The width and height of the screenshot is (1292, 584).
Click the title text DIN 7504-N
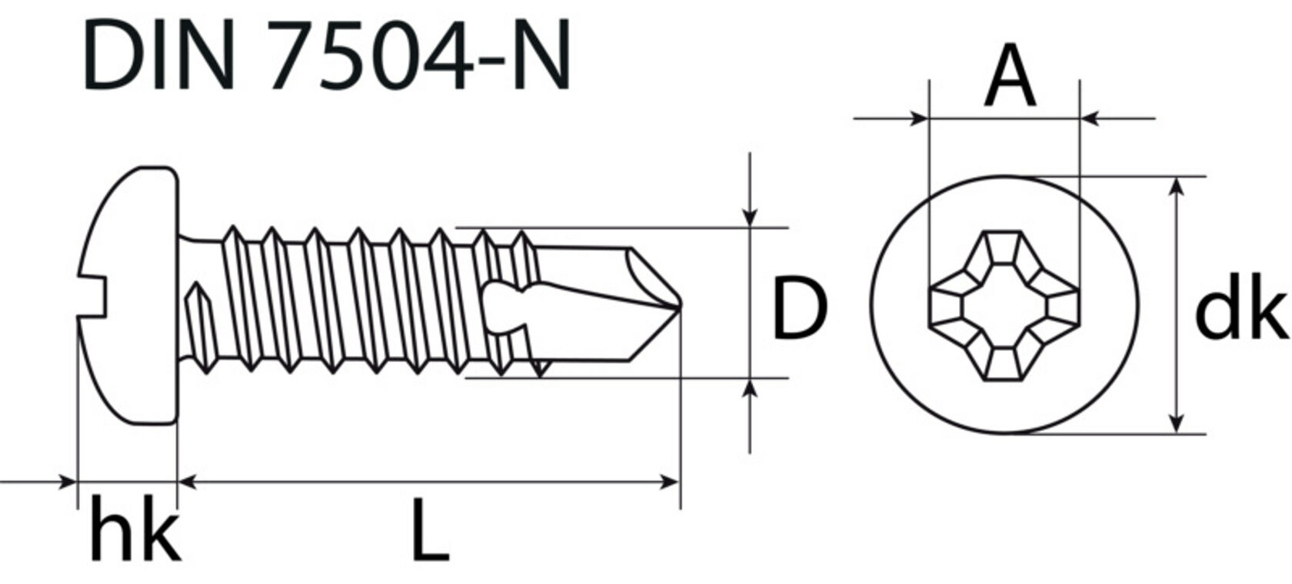click(326, 55)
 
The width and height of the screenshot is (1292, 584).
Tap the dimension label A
click(1009, 75)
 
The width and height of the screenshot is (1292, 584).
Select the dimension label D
click(800, 307)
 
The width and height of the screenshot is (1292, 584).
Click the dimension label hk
click(136, 529)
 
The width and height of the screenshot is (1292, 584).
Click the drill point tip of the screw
click(680, 304)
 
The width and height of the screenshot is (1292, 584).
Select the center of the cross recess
click(1004, 306)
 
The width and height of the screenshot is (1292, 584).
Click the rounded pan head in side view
click(128, 295)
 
